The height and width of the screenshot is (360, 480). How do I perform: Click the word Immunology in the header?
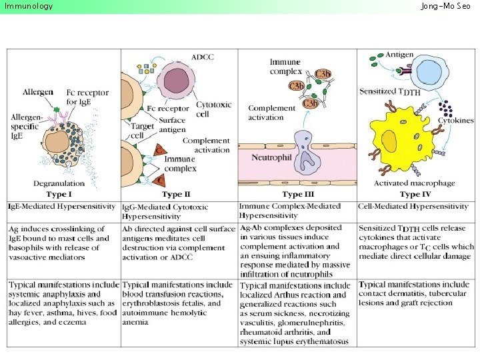pyautogui.click(x=29, y=6)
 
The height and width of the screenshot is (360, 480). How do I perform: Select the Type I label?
pyautogui.click(x=59, y=194)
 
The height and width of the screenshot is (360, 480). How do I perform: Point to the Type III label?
pyautogui.click(x=297, y=194)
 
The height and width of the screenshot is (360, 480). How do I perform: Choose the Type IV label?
pyautogui.click(x=415, y=194)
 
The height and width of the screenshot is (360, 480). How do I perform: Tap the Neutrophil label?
pyautogui.click(x=272, y=157)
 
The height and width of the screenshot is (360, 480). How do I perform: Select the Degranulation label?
pyautogui.click(x=59, y=183)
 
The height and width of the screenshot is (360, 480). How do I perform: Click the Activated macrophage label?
pyautogui.click(x=415, y=183)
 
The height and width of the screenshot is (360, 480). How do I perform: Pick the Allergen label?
pyautogui.click(x=38, y=91)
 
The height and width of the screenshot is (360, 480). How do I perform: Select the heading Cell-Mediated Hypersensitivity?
pyautogui.click(x=413, y=207)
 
